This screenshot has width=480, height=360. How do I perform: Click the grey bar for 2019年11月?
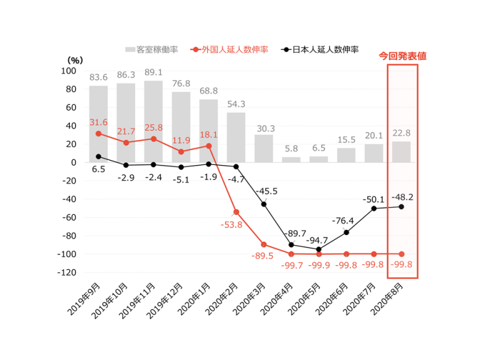pyautogui.click(x=153, y=121)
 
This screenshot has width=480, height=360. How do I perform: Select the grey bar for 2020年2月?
pyautogui.click(x=236, y=137)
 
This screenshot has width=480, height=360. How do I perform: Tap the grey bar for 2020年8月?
pyautogui.click(x=401, y=151)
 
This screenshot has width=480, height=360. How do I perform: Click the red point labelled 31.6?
pyautogui.click(x=98, y=134)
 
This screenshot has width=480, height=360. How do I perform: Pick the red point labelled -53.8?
pyautogui.click(x=236, y=212)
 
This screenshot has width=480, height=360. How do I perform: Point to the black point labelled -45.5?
pyautogui.click(x=264, y=204)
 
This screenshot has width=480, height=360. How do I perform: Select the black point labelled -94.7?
pyautogui.click(x=319, y=249)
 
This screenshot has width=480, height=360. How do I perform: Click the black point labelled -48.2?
pyautogui.click(x=401, y=207)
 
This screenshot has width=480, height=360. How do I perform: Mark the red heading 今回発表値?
pyautogui.click(x=403, y=56)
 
